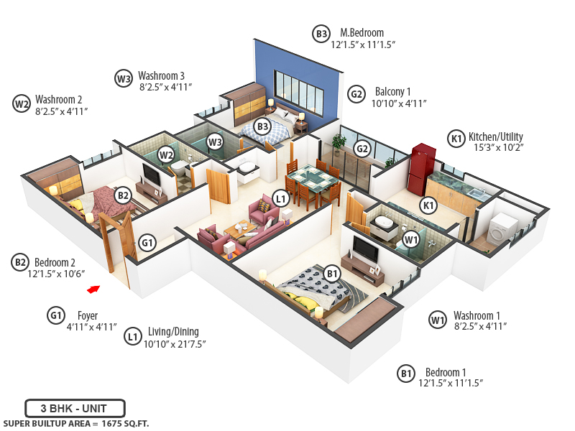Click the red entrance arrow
tap(92, 289)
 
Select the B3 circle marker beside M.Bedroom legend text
tap(321, 33)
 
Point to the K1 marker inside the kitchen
tap(429, 205)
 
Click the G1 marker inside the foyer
tap(147, 244)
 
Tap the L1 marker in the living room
tap(281, 198)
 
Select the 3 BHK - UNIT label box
tap(75, 408)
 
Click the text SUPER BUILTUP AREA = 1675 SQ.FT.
tap(75, 424)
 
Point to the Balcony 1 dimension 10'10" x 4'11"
tap(399, 103)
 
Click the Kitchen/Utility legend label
tap(495, 137)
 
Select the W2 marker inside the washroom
tap(166, 154)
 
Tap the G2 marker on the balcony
tap(362, 149)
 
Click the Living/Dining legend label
tap(172, 332)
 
